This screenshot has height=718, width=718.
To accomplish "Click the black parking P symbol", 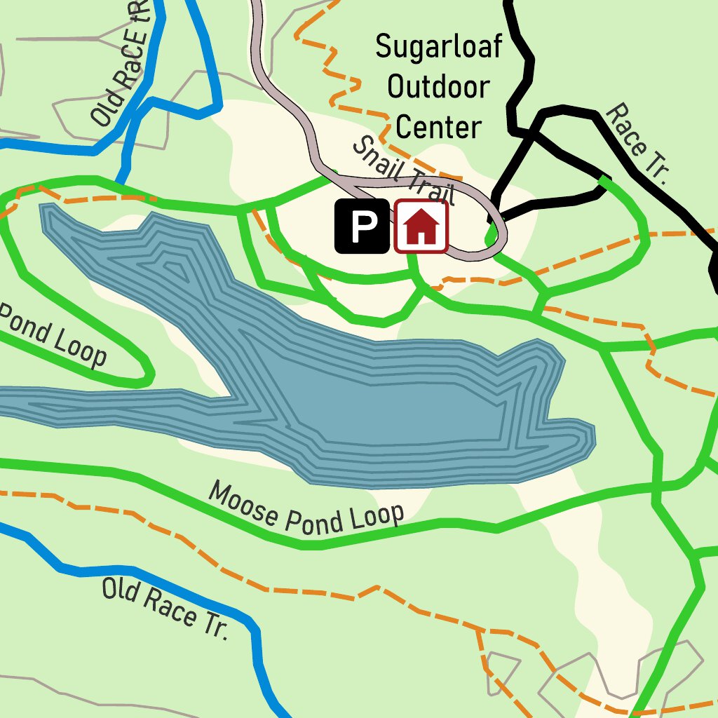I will [362, 226].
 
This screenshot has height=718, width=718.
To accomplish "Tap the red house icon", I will [421, 226].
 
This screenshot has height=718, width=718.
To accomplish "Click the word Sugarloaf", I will [439, 47].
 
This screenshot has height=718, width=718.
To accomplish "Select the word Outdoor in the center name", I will [439, 88].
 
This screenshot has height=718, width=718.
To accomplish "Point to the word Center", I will [439, 128].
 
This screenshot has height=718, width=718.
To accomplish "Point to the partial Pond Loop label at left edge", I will [53, 334].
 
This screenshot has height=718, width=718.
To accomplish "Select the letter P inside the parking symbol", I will [362, 226].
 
